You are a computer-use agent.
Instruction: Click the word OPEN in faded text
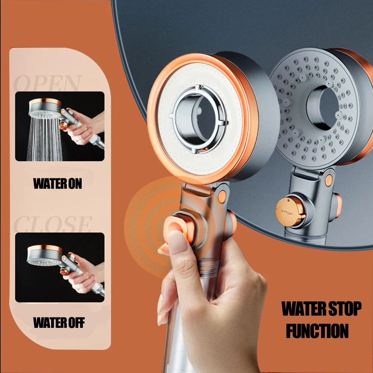[48, 83]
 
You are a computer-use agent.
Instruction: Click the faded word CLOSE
[52, 224]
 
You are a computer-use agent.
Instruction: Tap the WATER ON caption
[57, 184]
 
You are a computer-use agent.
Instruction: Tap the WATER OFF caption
[59, 323]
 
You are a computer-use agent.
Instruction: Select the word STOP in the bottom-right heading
[342, 309]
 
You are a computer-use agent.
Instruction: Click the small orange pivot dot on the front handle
[222, 197]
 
